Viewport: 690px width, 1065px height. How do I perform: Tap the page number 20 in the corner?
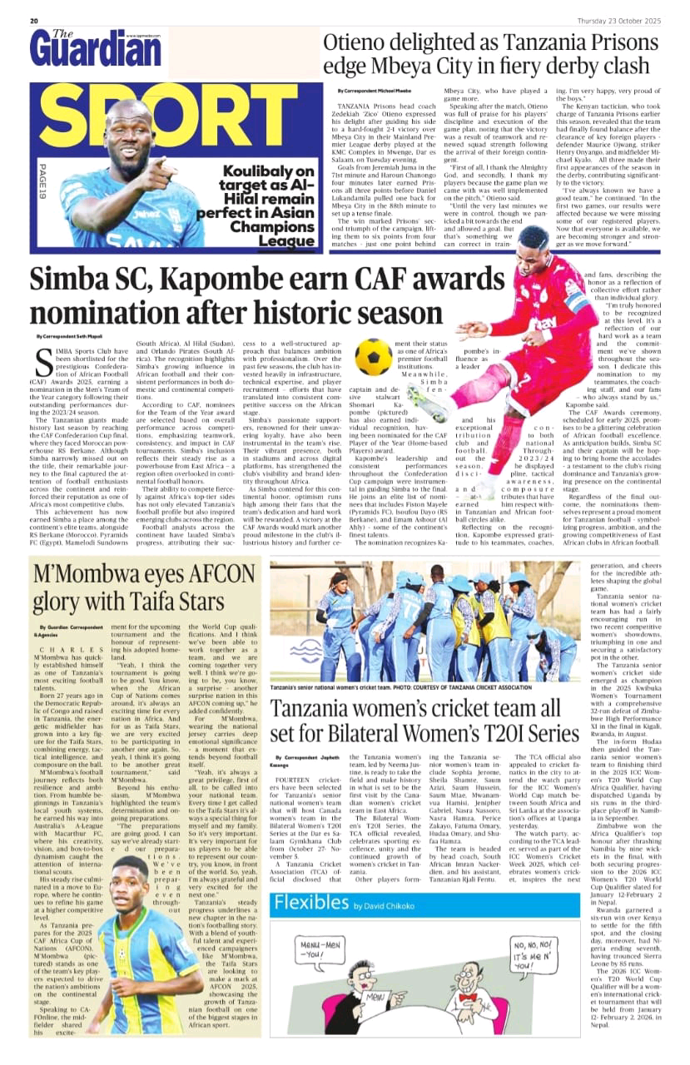[x=35, y=21]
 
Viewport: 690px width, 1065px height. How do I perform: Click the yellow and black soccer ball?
[x=373, y=357]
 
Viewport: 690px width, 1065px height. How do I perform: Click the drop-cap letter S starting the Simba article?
[x=46, y=361]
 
